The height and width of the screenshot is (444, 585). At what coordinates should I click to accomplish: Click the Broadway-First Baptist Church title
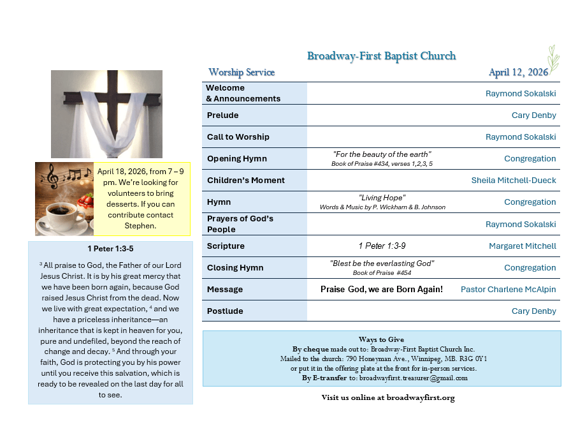click(x=381, y=56)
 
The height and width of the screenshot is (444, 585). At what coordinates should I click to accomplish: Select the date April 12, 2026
click(x=518, y=72)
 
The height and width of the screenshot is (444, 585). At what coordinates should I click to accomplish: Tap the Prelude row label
click(x=222, y=115)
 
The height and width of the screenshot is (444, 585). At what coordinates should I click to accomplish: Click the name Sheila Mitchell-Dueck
click(x=514, y=181)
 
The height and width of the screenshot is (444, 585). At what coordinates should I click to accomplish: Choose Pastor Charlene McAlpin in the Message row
click(x=508, y=290)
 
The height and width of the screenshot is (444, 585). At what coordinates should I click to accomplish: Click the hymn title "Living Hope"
click(x=382, y=198)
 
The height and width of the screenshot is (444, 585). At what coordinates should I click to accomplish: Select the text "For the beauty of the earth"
click(x=382, y=154)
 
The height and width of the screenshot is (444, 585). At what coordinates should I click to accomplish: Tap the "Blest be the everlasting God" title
click(x=382, y=263)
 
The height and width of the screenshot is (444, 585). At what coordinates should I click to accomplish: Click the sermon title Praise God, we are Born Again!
click(x=381, y=290)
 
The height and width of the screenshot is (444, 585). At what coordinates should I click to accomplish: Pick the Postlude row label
click(x=225, y=311)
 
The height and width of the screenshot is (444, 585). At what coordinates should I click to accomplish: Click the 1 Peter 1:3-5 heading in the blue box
click(x=110, y=248)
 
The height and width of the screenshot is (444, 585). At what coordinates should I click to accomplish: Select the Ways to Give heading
click(x=381, y=339)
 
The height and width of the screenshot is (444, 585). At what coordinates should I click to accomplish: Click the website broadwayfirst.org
click(x=414, y=398)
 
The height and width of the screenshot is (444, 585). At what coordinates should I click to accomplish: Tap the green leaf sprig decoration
click(x=552, y=59)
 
